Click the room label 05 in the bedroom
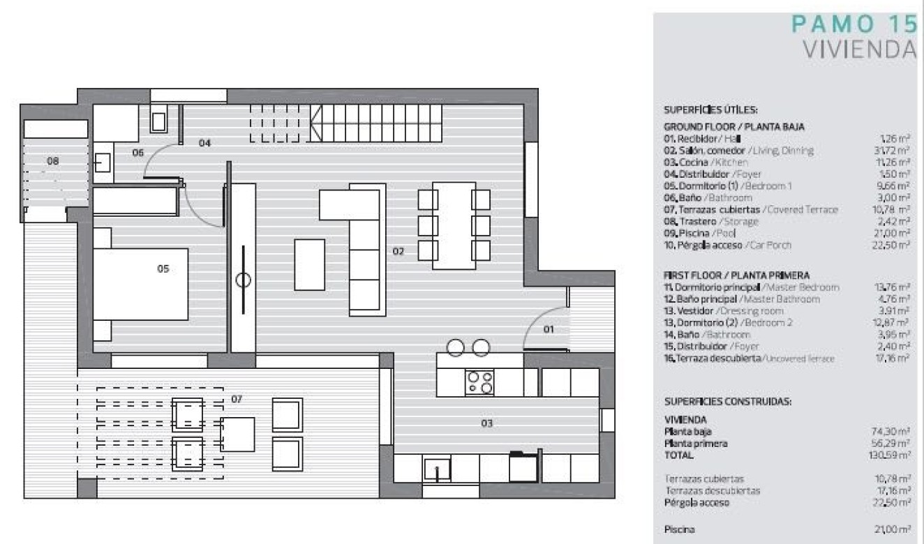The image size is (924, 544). click(163, 268)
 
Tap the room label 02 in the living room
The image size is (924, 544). click(398, 252)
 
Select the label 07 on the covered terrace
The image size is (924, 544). click(237, 399)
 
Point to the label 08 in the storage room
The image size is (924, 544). click(53, 160)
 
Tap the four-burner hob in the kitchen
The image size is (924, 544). click(479, 382)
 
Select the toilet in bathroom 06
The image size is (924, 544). click(158, 121)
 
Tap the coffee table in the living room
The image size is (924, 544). click(309, 264)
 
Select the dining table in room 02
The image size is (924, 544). click(454, 225)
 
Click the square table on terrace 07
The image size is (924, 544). click(237, 434)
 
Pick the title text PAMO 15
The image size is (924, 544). click(854, 24)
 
